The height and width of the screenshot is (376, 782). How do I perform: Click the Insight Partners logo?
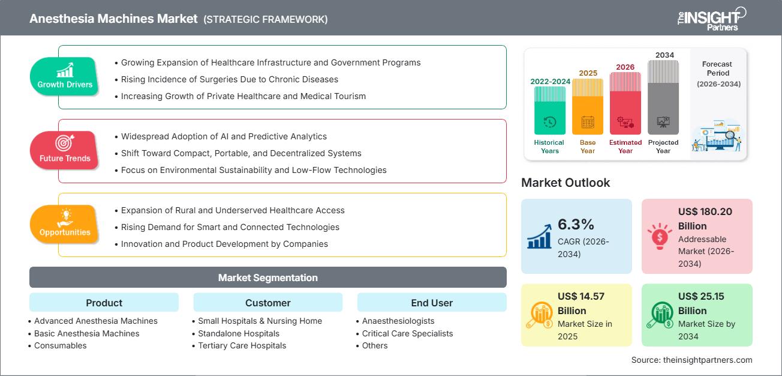click(711, 18)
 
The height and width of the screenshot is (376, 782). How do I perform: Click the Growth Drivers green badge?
click(65, 76)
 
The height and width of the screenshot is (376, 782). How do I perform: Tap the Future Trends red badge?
click(64, 150)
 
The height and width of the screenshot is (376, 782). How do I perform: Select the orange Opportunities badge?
click(64, 225)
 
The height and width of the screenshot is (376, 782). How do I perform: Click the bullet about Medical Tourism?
click(243, 96)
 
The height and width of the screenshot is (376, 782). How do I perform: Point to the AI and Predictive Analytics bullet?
click(224, 136)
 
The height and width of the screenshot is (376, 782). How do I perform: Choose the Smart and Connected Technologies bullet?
click(230, 227)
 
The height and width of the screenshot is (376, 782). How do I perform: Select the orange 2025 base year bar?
click(588, 106)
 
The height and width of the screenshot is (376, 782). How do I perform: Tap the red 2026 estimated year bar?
click(625, 103)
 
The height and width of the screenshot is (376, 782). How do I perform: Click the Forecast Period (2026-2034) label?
click(718, 74)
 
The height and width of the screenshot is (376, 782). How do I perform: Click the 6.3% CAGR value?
click(575, 225)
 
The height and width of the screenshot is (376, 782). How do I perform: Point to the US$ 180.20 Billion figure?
click(705, 219)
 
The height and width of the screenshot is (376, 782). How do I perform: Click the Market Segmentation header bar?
click(267, 277)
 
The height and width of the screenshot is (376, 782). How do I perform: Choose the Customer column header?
click(267, 303)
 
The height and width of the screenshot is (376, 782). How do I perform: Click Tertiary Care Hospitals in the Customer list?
click(242, 345)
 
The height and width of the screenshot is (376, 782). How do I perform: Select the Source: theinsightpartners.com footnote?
click(691, 360)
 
